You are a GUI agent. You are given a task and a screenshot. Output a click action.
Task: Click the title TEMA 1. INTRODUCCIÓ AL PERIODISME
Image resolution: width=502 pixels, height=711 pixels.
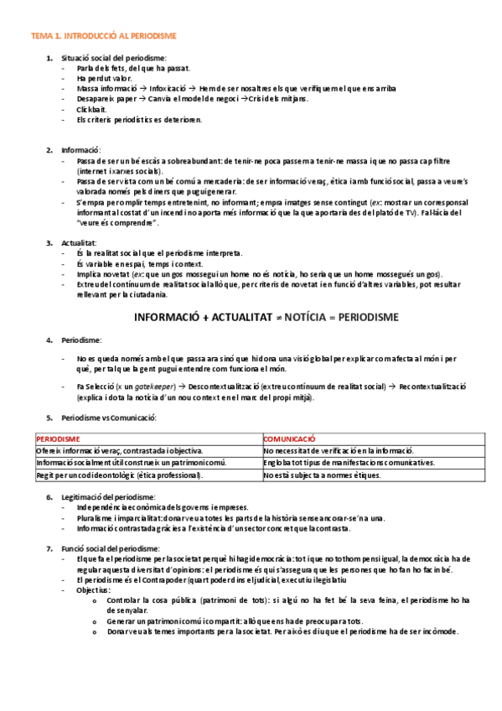103,36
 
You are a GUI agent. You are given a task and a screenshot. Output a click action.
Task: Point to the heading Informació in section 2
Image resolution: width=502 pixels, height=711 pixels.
80,149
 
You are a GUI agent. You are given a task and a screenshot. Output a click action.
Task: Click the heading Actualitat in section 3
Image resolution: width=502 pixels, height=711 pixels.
80,242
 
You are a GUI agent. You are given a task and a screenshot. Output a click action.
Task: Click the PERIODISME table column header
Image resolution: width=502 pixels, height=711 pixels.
58,439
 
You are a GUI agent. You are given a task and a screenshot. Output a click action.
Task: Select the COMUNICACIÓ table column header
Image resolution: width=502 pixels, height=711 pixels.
289,439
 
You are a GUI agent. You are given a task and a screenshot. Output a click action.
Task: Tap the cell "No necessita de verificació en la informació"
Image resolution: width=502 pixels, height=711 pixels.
339,451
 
